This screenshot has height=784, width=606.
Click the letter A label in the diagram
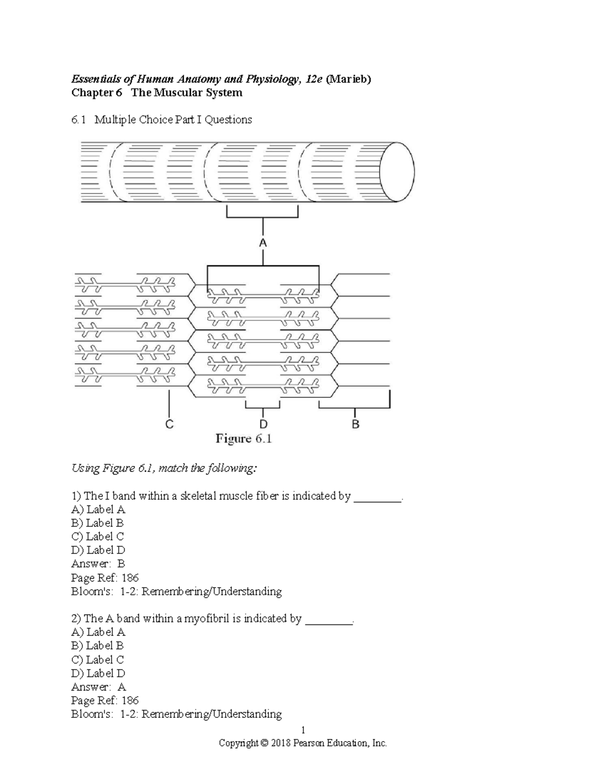point(263,243)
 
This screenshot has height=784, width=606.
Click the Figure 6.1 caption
point(244,439)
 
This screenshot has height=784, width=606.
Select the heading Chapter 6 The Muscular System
point(157,93)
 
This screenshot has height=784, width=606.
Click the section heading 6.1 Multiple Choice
point(161,120)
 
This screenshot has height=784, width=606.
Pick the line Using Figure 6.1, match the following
point(164,468)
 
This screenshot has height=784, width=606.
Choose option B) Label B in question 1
point(97,523)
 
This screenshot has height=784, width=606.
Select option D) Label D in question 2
point(98,673)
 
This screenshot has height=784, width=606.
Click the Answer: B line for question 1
point(98,563)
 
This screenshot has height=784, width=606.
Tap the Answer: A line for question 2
point(98,687)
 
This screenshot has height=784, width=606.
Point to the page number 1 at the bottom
point(303,730)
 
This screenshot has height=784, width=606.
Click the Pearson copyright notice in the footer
point(302,743)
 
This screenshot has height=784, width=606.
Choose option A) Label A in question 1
point(98,509)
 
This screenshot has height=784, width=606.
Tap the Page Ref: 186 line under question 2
point(105,700)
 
